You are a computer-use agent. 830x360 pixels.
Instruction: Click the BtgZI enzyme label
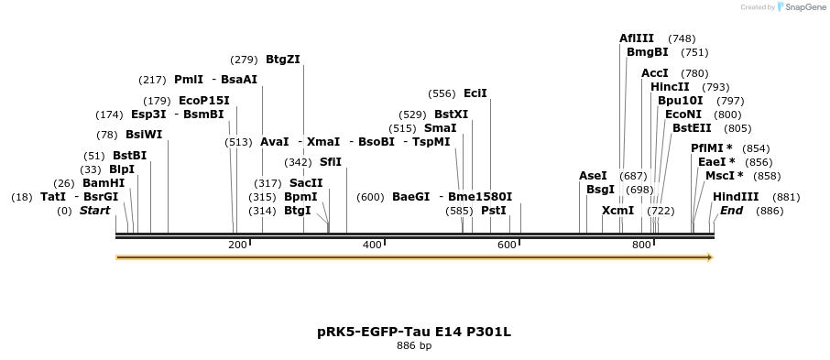tap(283, 60)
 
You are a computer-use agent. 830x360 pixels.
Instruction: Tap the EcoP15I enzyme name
tap(203, 101)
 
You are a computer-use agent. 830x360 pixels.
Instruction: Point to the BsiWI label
tap(144, 135)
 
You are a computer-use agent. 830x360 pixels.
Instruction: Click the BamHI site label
tap(104, 183)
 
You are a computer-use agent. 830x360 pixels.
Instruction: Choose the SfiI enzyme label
tap(330, 162)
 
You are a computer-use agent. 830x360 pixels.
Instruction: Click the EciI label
tap(475, 93)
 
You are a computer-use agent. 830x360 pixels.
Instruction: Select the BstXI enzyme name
tap(451, 115)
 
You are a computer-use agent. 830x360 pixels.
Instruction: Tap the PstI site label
tap(494, 211)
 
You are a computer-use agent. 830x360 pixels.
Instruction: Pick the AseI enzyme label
tap(593, 176)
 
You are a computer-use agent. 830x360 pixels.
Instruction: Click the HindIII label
tap(736, 197)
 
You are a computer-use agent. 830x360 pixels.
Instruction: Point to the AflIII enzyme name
tap(637, 38)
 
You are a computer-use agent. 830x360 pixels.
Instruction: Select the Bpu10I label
tap(681, 101)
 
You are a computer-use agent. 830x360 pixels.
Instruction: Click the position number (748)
tap(682, 38)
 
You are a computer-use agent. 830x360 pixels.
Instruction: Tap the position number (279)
tap(244, 60)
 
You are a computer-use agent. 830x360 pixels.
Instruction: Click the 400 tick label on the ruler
tap(372, 245)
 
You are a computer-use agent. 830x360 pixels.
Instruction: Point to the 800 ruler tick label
tap(641, 245)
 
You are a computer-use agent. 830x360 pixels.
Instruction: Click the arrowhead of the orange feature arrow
tap(708, 257)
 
